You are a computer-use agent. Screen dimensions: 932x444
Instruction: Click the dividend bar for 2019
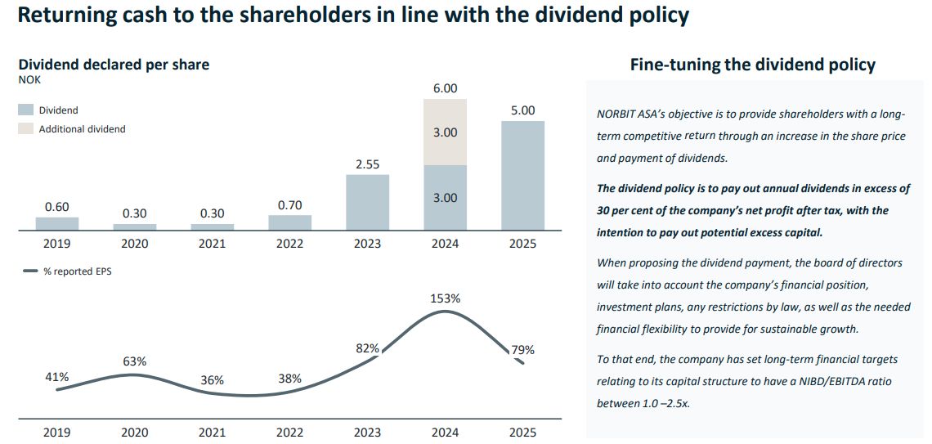57,223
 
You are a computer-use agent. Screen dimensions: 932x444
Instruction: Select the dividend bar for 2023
367,202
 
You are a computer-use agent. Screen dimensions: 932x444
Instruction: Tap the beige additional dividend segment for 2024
446,132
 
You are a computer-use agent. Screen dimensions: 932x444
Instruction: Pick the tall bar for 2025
522,175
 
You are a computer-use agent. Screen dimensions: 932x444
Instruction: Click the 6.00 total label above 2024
446,88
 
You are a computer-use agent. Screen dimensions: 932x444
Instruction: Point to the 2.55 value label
368,164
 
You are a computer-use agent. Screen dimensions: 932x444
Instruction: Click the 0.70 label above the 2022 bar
290,205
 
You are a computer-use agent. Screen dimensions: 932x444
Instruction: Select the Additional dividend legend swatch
26,128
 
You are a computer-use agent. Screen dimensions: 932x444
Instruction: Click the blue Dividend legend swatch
26,110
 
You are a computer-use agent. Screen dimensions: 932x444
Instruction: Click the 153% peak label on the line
446,299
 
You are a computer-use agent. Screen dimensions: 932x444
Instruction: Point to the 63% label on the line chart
135,361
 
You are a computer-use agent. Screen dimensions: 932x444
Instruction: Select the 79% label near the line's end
522,349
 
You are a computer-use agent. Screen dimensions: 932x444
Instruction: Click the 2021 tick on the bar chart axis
213,244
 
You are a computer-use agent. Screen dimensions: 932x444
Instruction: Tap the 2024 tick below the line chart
446,433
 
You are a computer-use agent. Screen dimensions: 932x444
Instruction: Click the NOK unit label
29,79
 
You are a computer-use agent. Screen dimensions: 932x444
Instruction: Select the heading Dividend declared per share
114,65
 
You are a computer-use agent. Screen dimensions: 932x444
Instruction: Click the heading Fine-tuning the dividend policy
752,65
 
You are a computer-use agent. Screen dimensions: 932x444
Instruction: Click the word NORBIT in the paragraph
615,114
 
